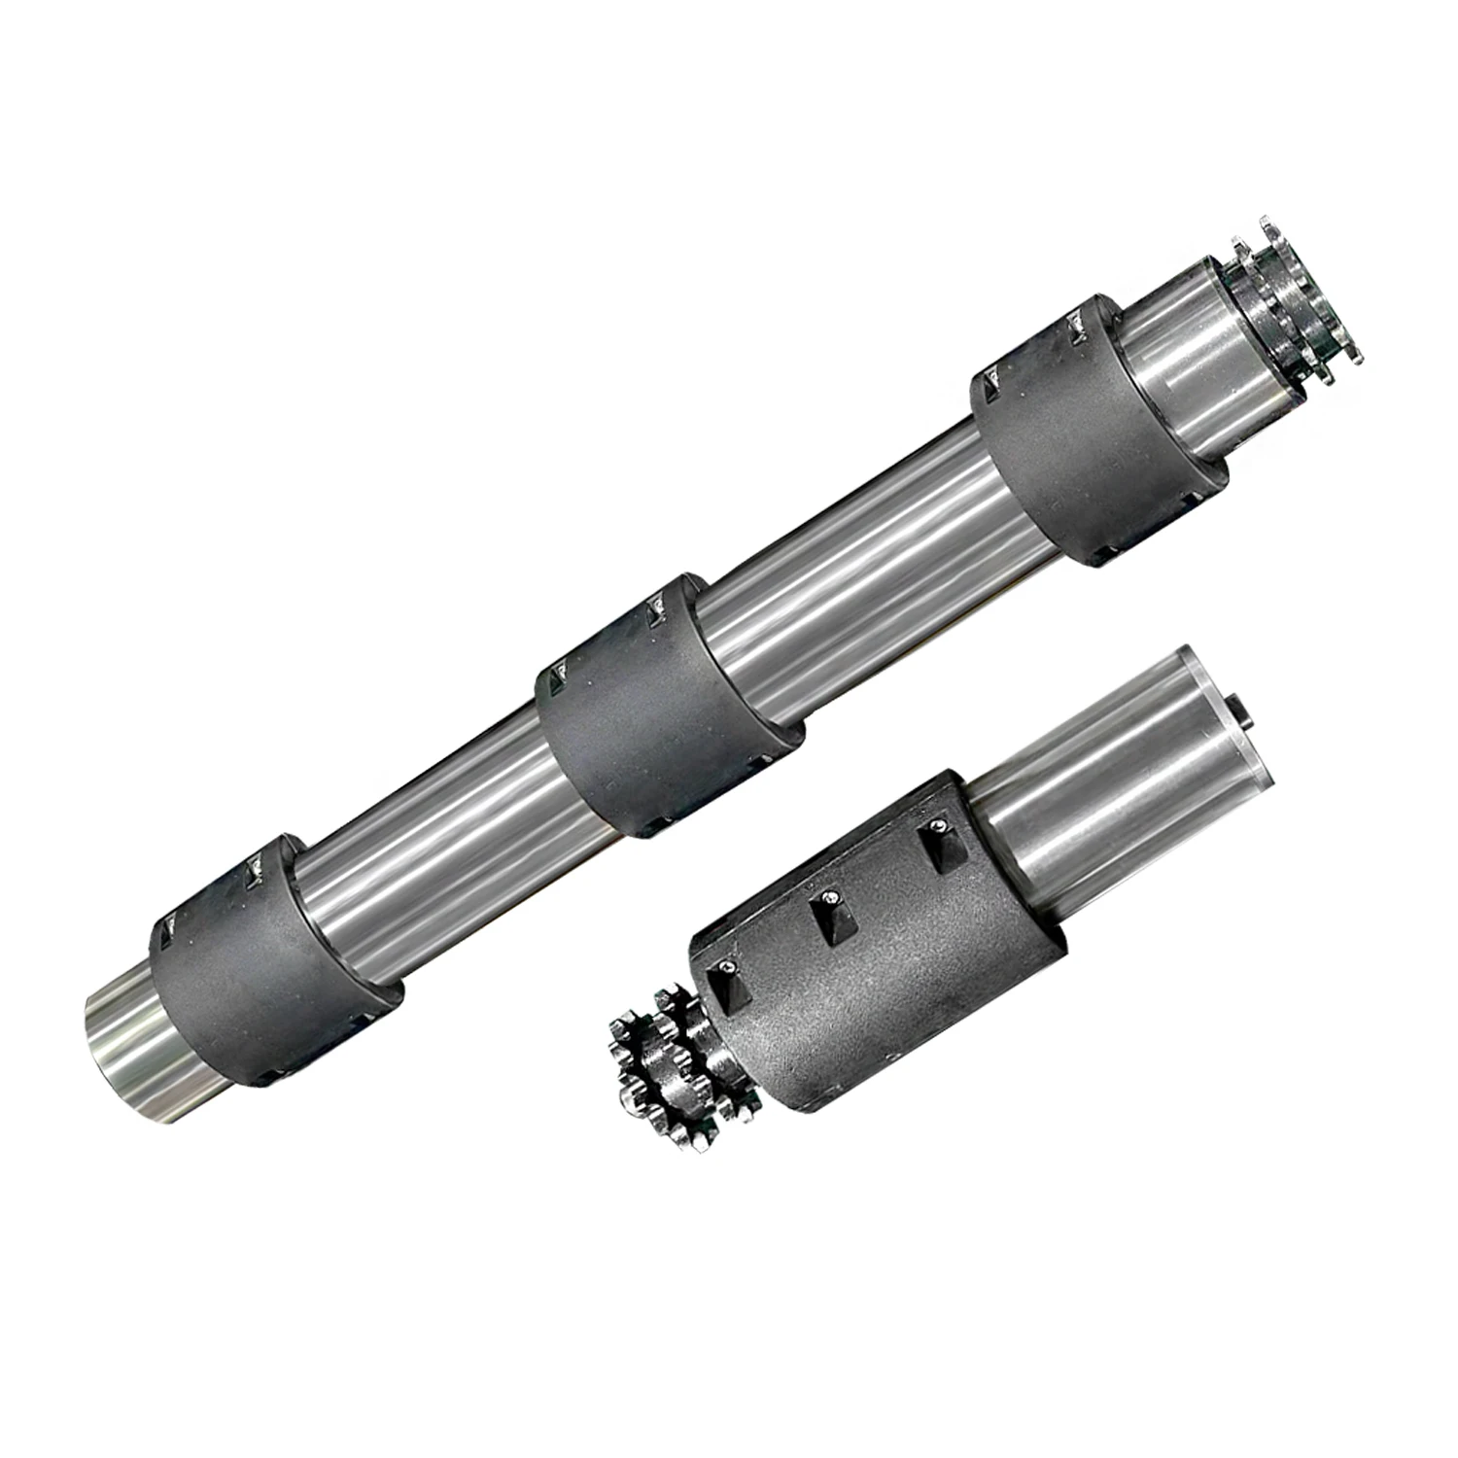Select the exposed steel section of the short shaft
[1118, 768]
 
